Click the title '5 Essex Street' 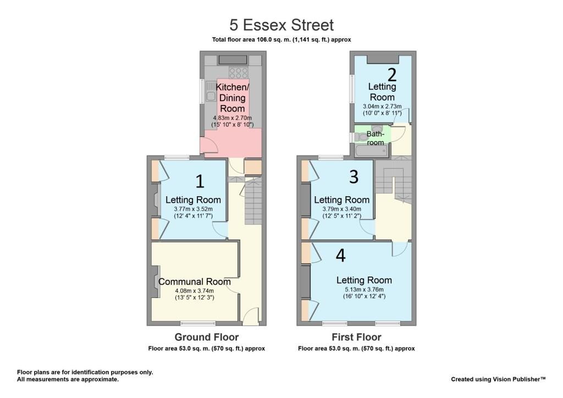pyautogui.click(x=281, y=25)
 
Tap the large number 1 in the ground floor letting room pyautogui.click(x=200, y=181)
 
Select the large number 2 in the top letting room pyautogui.click(x=391, y=75)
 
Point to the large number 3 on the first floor pyautogui.click(x=354, y=176)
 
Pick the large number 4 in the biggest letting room pyautogui.click(x=340, y=255)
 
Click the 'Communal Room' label pyautogui.click(x=194, y=281)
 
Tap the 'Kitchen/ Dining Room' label pyautogui.click(x=233, y=98)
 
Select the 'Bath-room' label pyautogui.click(x=375, y=138)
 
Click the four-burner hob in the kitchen pyautogui.click(x=239, y=73)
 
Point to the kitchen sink pyautogui.click(x=211, y=91)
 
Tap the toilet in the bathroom pyautogui.click(x=360, y=137)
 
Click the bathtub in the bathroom pyautogui.click(x=372, y=152)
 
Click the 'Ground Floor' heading pyautogui.click(x=207, y=338)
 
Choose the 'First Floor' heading pyautogui.click(x=356, y=338)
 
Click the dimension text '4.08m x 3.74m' pyautogui.click(x=194, y=291)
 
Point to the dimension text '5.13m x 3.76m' pyautogui.click(x=364, y=290)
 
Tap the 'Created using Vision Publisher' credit pyautogui.click(x=498, y=379)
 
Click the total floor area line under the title pyautogui.click(x=281, y=40)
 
